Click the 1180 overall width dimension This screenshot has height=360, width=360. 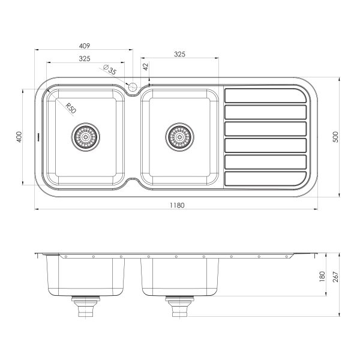coord(176,205)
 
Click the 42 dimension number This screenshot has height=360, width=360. coord(145,67)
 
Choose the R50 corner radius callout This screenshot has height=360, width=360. coord(70,108)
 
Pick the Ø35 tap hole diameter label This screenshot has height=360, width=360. coord(110,70)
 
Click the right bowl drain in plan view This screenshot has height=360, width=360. coord(179,136)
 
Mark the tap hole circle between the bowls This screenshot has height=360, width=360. coord(133,89)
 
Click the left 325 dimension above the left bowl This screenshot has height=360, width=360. coord(85,58)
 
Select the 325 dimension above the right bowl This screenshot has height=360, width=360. coord(179,54)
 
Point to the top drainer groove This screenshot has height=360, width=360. coord(264,96)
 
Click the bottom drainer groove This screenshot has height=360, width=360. coord(264,179)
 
